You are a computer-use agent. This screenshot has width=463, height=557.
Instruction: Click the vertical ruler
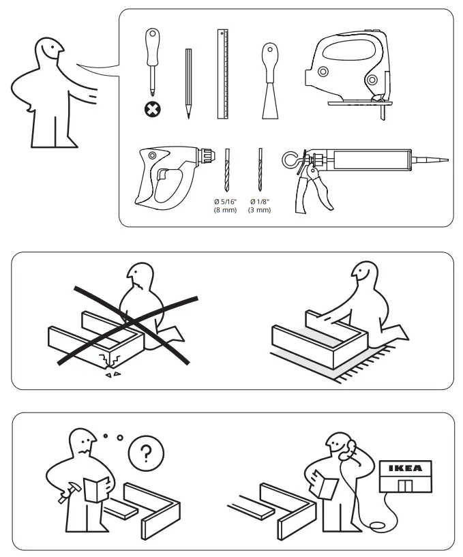222,74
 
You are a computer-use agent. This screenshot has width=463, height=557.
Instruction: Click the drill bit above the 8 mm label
227,171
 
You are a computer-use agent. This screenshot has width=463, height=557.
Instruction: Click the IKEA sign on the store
405,468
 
